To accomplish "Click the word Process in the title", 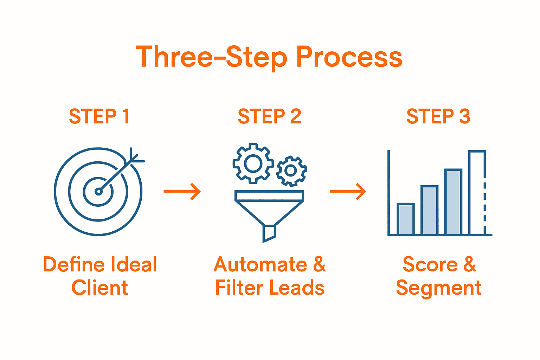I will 349,57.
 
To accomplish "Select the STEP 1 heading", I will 99,116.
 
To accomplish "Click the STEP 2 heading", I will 269,116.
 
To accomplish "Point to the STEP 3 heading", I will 438,116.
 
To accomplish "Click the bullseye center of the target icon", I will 98,191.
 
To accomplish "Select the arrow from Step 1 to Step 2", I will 182,192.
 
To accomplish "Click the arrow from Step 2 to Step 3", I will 348,192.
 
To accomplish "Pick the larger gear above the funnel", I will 253,163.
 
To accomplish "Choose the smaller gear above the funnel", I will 291,171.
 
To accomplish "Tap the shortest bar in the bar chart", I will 405,219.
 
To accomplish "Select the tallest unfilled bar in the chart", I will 477,193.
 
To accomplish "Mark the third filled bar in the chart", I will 453,202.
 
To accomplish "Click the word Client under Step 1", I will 100,288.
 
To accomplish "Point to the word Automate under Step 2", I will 261,264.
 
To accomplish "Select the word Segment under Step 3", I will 438,288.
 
